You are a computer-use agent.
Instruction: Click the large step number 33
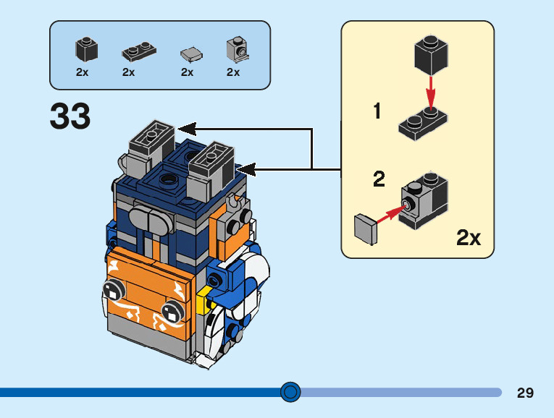70,117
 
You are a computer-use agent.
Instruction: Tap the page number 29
525,393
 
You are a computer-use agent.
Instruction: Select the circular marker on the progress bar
290,392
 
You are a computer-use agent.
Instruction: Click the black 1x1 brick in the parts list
86,50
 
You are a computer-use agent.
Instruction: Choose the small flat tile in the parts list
190,54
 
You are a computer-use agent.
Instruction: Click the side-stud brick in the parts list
237,49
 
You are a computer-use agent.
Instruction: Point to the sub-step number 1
377,111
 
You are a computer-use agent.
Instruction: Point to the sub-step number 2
379,179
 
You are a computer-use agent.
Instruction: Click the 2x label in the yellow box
469,237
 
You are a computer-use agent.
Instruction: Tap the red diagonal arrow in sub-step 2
390,213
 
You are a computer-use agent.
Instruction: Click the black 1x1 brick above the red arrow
430,54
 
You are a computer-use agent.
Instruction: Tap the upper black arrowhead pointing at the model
188,129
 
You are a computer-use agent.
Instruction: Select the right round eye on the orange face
172,312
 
